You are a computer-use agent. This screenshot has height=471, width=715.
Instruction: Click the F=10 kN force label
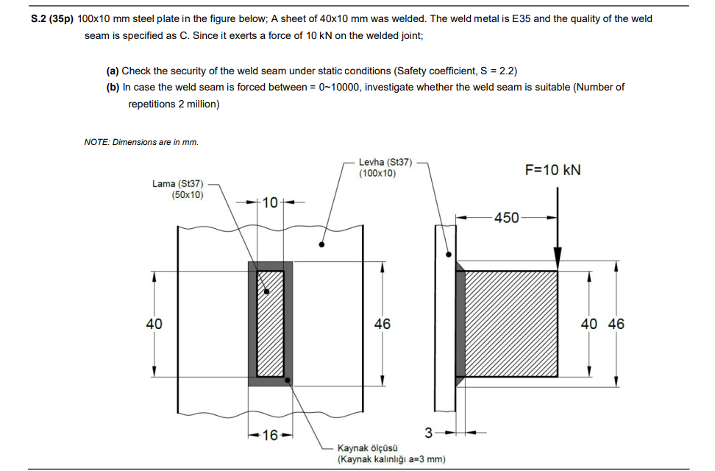(x=552, y=170)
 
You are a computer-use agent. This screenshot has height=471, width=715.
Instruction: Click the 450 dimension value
(x=506, y=217)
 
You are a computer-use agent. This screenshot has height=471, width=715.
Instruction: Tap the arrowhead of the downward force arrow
(x=558, y=259)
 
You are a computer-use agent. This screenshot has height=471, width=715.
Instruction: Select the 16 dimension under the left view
(x=270, y=435)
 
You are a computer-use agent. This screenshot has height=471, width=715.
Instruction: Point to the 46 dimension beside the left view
(x=383, y=324)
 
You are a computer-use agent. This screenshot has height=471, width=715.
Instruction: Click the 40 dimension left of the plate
(x=154, y=324)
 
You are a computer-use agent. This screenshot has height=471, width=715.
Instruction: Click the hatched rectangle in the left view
(x=270, y=324)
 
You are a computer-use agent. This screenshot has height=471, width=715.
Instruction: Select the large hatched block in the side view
(x=511, y=324)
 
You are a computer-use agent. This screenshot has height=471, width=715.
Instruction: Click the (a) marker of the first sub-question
(x=113, y=71)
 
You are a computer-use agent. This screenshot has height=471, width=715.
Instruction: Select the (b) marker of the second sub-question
(x=113, y=87)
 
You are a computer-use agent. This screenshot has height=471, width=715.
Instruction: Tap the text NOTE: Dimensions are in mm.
(x=141, y=141)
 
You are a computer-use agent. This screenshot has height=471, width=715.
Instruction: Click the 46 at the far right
(x=616, y=324)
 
